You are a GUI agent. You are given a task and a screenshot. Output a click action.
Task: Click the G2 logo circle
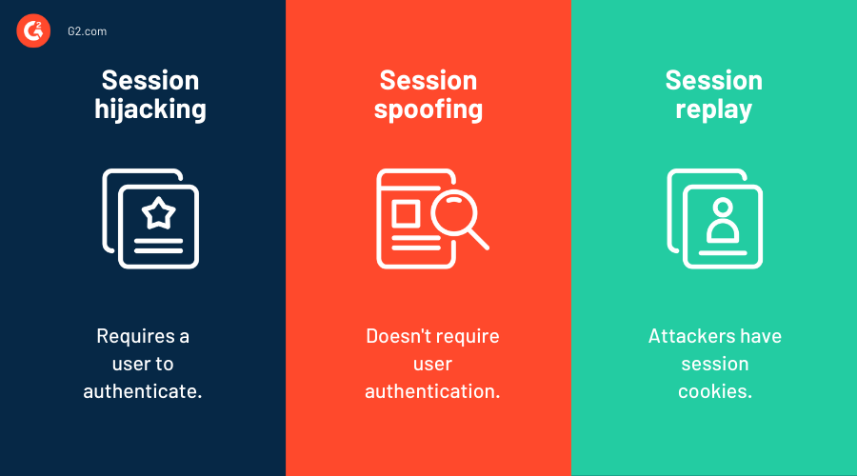point(32,31)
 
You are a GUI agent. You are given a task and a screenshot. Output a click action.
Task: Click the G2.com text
point(87,31)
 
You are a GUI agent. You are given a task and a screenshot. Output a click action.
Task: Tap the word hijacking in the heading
point(150,109)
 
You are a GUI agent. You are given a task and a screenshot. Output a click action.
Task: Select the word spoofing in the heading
point(428,109)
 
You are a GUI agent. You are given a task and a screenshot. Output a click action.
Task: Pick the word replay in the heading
point(713,109)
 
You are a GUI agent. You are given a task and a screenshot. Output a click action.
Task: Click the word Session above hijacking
point(150,80)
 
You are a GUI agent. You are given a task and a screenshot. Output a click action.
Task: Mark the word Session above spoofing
point(428,80)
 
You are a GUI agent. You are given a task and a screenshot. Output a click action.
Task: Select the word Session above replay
point(713,80)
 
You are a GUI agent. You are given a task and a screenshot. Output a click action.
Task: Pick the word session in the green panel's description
point(714,364)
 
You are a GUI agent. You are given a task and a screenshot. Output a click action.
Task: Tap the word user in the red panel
point(432,364)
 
